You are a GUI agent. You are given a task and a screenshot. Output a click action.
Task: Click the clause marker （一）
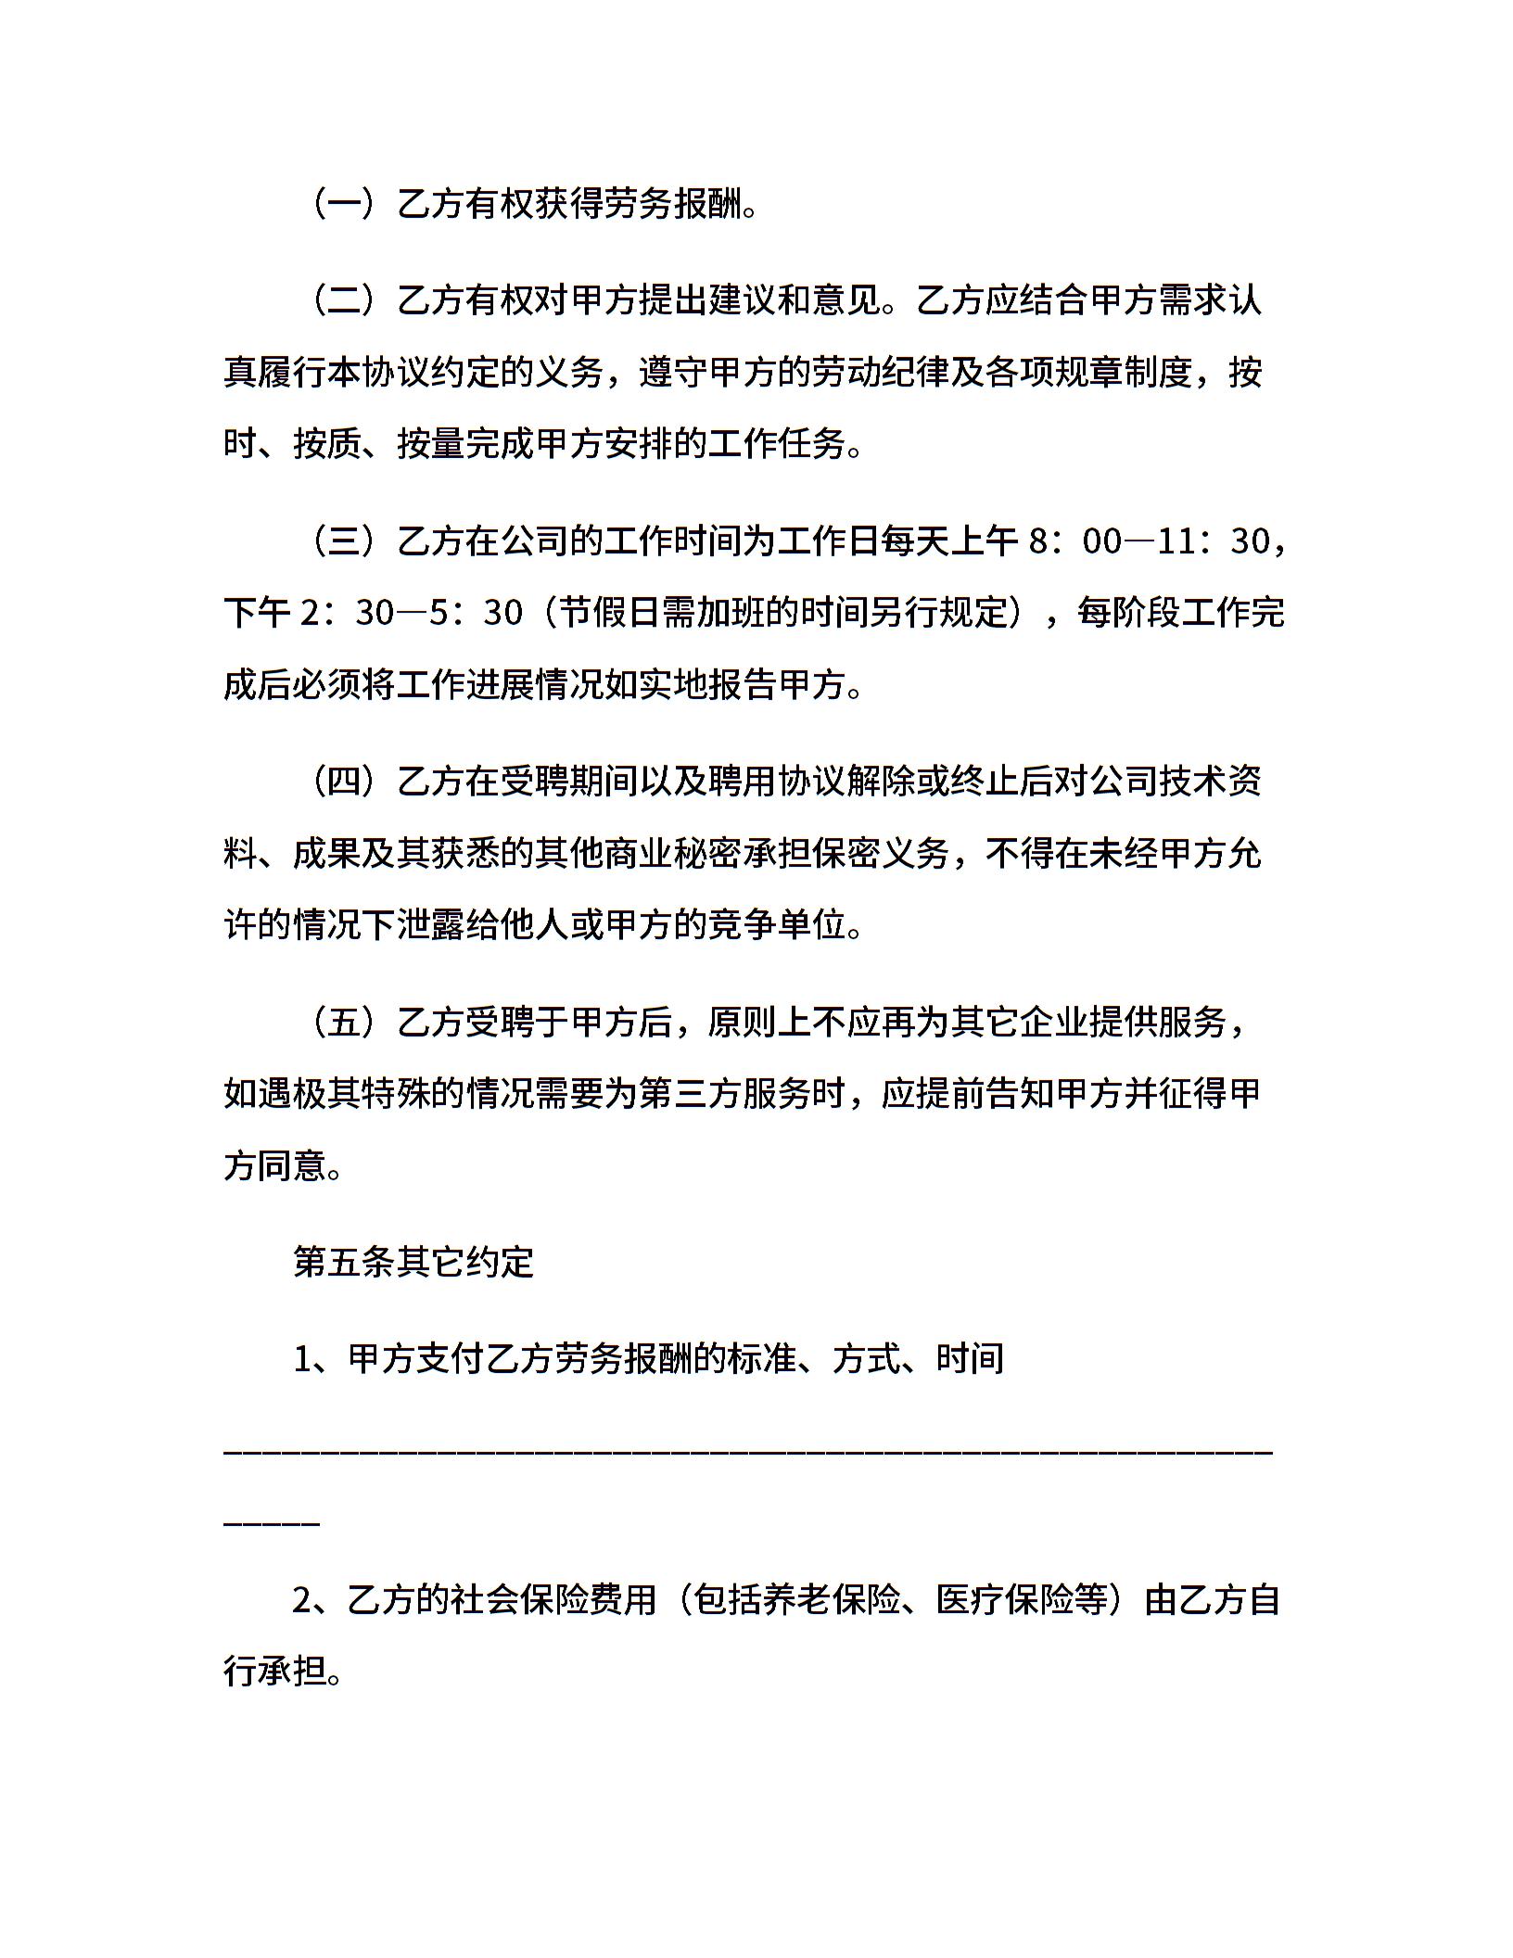tap(343, 204)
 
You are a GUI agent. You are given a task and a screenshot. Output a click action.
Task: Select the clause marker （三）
tap(343, 540)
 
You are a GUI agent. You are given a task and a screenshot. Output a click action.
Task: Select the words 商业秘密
tap(741, 853)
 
